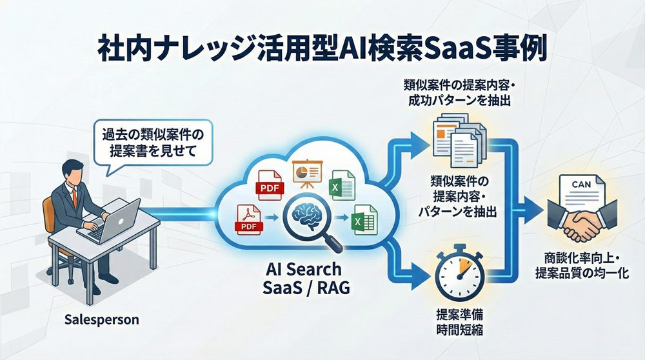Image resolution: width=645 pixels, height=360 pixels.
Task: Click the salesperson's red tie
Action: (x=75, y=196)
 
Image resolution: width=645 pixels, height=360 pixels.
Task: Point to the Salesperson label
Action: (x=102, y=319)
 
